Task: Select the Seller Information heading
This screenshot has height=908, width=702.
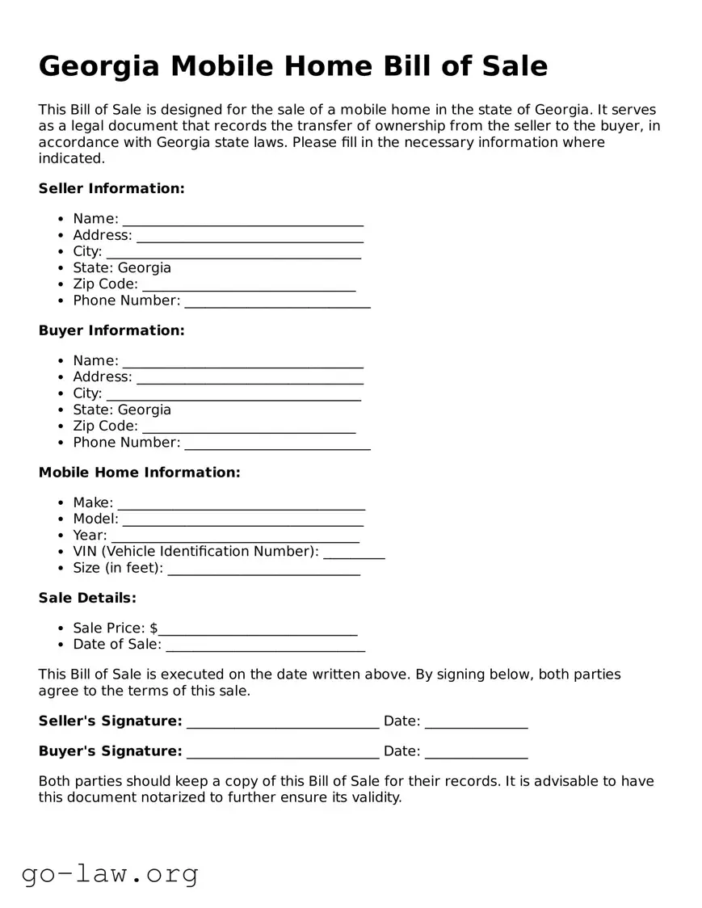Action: pos(111,188)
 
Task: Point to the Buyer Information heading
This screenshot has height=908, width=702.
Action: pos(111,330)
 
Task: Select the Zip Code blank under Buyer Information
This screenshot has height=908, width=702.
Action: pos(249,428)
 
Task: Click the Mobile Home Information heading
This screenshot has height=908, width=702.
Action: pos(139,473)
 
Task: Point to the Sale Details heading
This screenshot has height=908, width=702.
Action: pos(87,598)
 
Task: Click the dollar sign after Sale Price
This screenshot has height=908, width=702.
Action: pos(153,628)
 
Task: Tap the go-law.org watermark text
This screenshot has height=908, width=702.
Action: pos(110,873)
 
